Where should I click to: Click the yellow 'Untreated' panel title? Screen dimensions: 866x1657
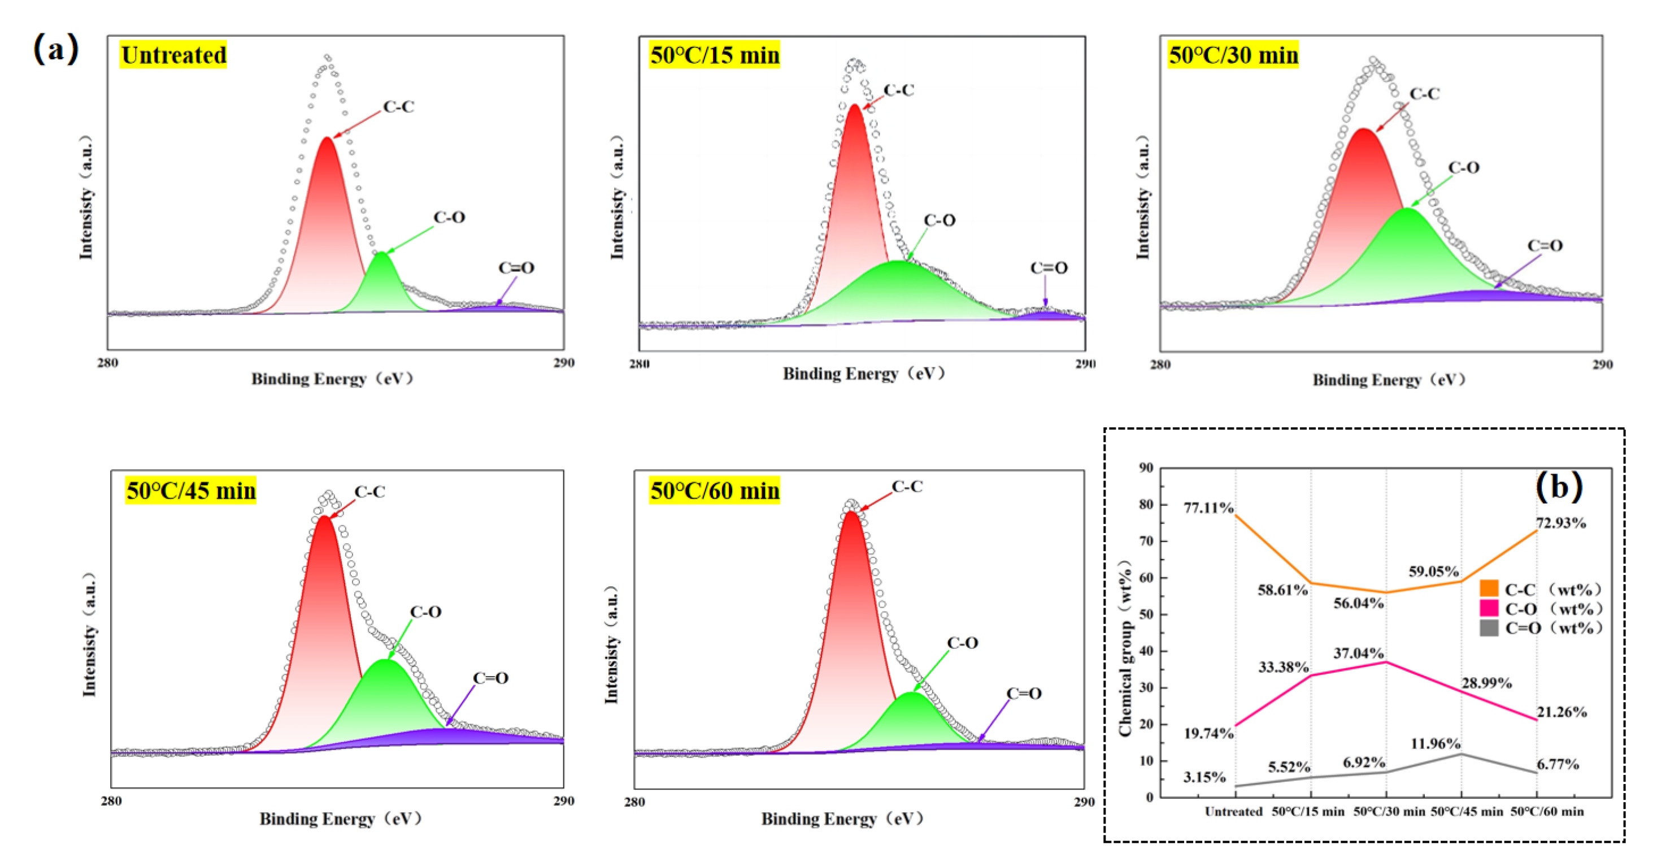[x=173, y=55]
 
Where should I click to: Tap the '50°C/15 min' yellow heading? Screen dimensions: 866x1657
[x=714, y=55]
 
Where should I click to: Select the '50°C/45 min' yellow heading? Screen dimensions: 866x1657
[x=190, y=490]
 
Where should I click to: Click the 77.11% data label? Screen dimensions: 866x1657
[x=1208, y=508]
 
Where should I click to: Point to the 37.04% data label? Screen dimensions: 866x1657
[x=1358, y=653]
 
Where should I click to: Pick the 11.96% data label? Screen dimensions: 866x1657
[x=1435, y=744]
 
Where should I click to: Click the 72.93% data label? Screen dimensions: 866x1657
[x=1560, y=522]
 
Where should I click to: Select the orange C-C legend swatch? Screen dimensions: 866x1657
[x=1489, y=588]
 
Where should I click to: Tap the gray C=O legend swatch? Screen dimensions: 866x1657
[x=1489, y=628]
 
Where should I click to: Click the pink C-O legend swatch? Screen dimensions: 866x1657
[x=1489, y=608]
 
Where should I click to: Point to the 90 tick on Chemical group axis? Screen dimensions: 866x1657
[x=1146, y=467]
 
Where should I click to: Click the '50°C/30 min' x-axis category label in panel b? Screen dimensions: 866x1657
[x=1389, y=811]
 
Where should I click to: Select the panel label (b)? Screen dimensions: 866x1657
[x=1559, y=486]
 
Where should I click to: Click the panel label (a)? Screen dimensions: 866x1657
[x=56, y=49]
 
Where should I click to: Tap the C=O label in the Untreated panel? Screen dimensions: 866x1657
[x=516, y=267]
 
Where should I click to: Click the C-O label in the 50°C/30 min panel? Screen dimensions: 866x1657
[x=1463, y=167]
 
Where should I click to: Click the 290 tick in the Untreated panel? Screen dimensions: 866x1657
[x=563, y=363]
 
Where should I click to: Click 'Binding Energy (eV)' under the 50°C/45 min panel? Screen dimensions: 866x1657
[x=340, y=819]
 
